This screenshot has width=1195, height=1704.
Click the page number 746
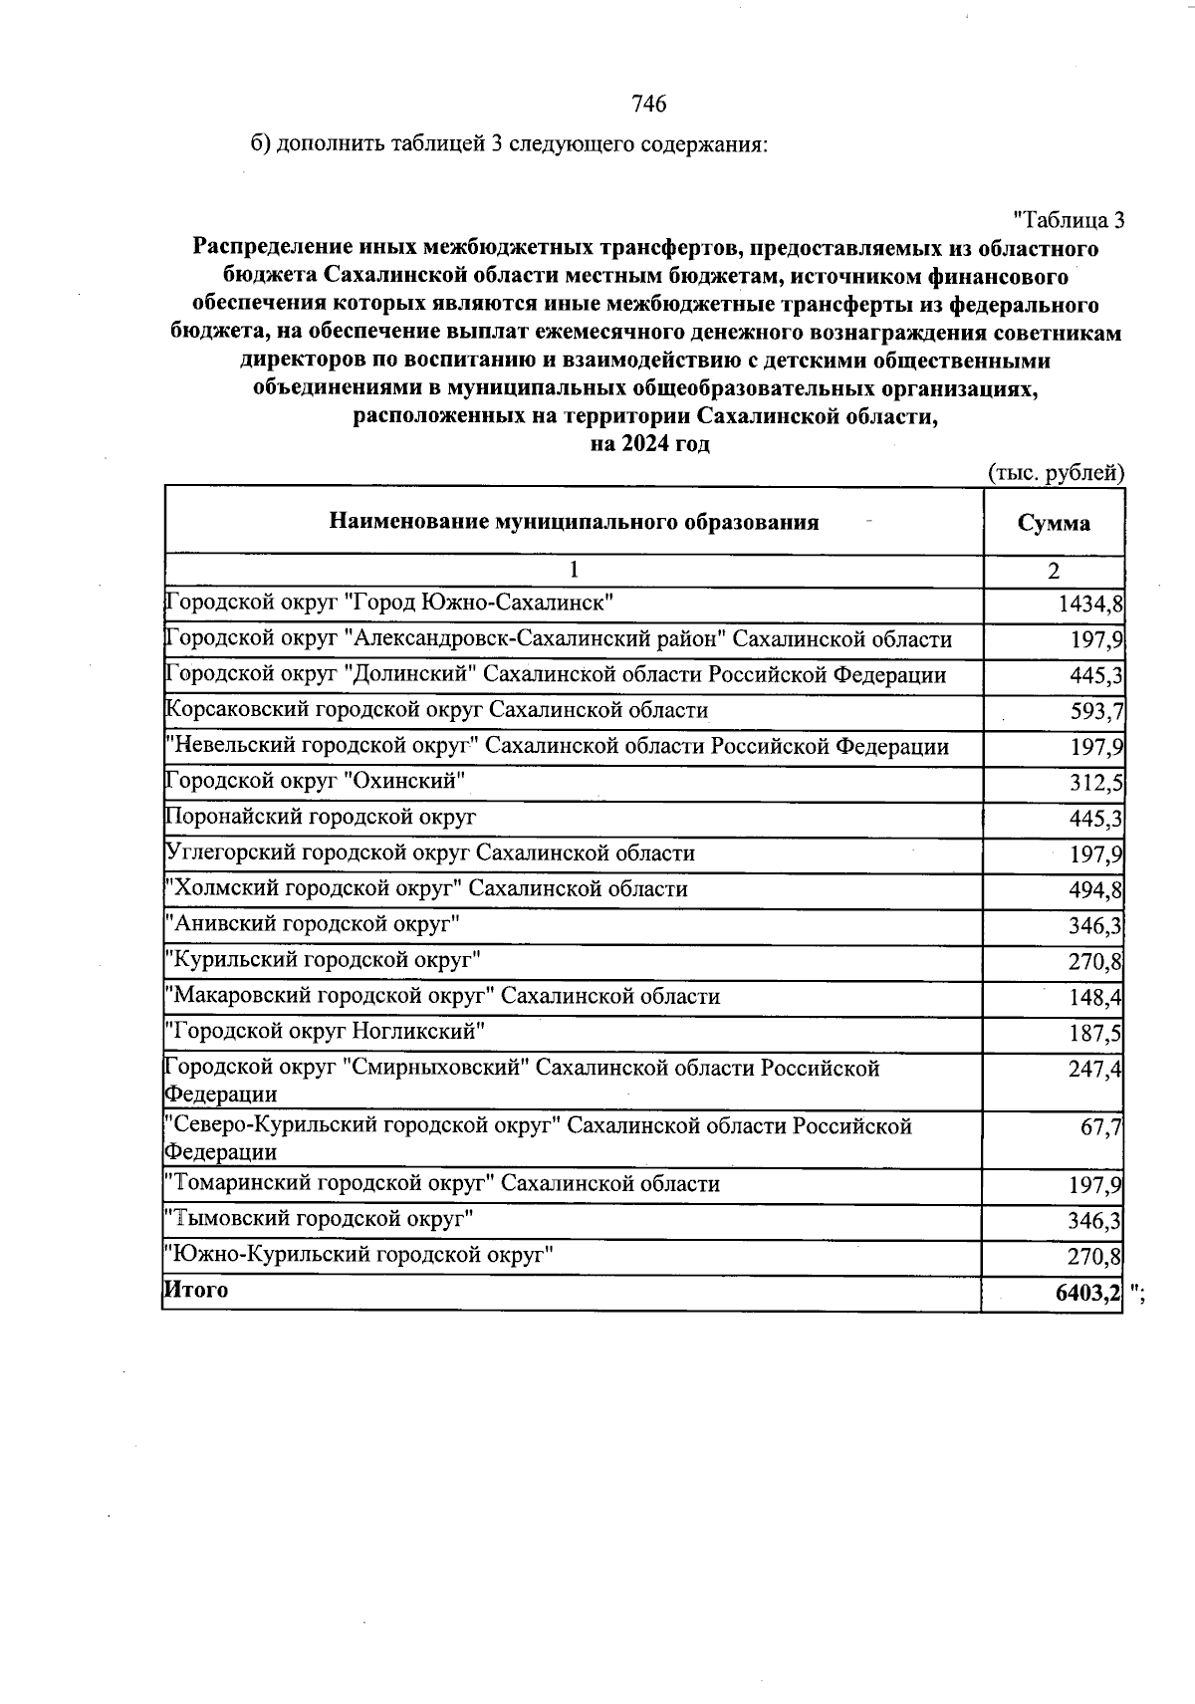coord(648,104)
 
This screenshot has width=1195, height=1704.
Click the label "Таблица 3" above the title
coord(1068,219)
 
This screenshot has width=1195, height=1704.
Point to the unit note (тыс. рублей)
coord(1056,473)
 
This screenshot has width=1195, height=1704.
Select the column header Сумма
coord(1054,523)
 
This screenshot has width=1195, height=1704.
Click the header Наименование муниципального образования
coord(574,522)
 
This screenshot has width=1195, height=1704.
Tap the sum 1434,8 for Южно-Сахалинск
coord(1090,605)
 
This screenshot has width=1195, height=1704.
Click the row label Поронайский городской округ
coord(321,818)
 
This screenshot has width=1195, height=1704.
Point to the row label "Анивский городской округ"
coord(313,924)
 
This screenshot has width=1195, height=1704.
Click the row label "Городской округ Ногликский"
coord(326,1031)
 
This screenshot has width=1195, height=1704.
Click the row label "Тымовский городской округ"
coord(319,1218)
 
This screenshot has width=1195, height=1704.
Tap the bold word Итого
coord(196,1290)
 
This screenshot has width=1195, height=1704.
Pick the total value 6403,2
coord(1088,1293)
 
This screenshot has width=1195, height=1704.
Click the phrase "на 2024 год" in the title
coord(649,444)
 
